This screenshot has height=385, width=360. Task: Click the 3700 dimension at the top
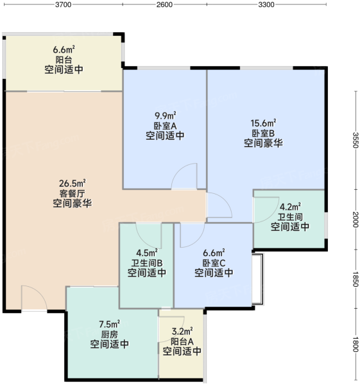click(x=63, y=4)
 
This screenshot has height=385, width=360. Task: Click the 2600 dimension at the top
click(x=164, y=4)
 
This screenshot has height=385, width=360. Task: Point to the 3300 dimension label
click(x=266, y=4)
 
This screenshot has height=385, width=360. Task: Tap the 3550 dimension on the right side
click(x=356, y=140)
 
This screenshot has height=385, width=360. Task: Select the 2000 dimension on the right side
click(x=356, y=219)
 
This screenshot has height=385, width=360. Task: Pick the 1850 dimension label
click(x=356, y=278)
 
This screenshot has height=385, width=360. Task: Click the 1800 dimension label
click(x=356, y=345)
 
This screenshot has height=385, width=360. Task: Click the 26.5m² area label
click(x=73, y=183)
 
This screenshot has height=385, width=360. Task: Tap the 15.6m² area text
click(x=263, y=123)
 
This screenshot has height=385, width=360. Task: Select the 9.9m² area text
click(x=165, y=115)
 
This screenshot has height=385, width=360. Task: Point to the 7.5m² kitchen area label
click(x=110, y=324)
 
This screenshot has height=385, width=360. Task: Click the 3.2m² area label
click(x=182, y=331)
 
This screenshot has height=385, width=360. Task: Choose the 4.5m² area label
click(x=147, y=252)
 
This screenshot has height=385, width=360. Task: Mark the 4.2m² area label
click(x=290, y=207)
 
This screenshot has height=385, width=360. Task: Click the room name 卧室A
click(x=165, y=126)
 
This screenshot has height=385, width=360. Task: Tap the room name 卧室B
click(x=263, y=133)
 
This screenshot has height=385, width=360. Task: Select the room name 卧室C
click(x=214, y=263)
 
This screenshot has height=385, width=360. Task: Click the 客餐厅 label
click(x=73, y=194)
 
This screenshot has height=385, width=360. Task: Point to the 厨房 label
click(x=110, y=334)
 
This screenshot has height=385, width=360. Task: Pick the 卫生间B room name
click(x=147, y=263)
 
